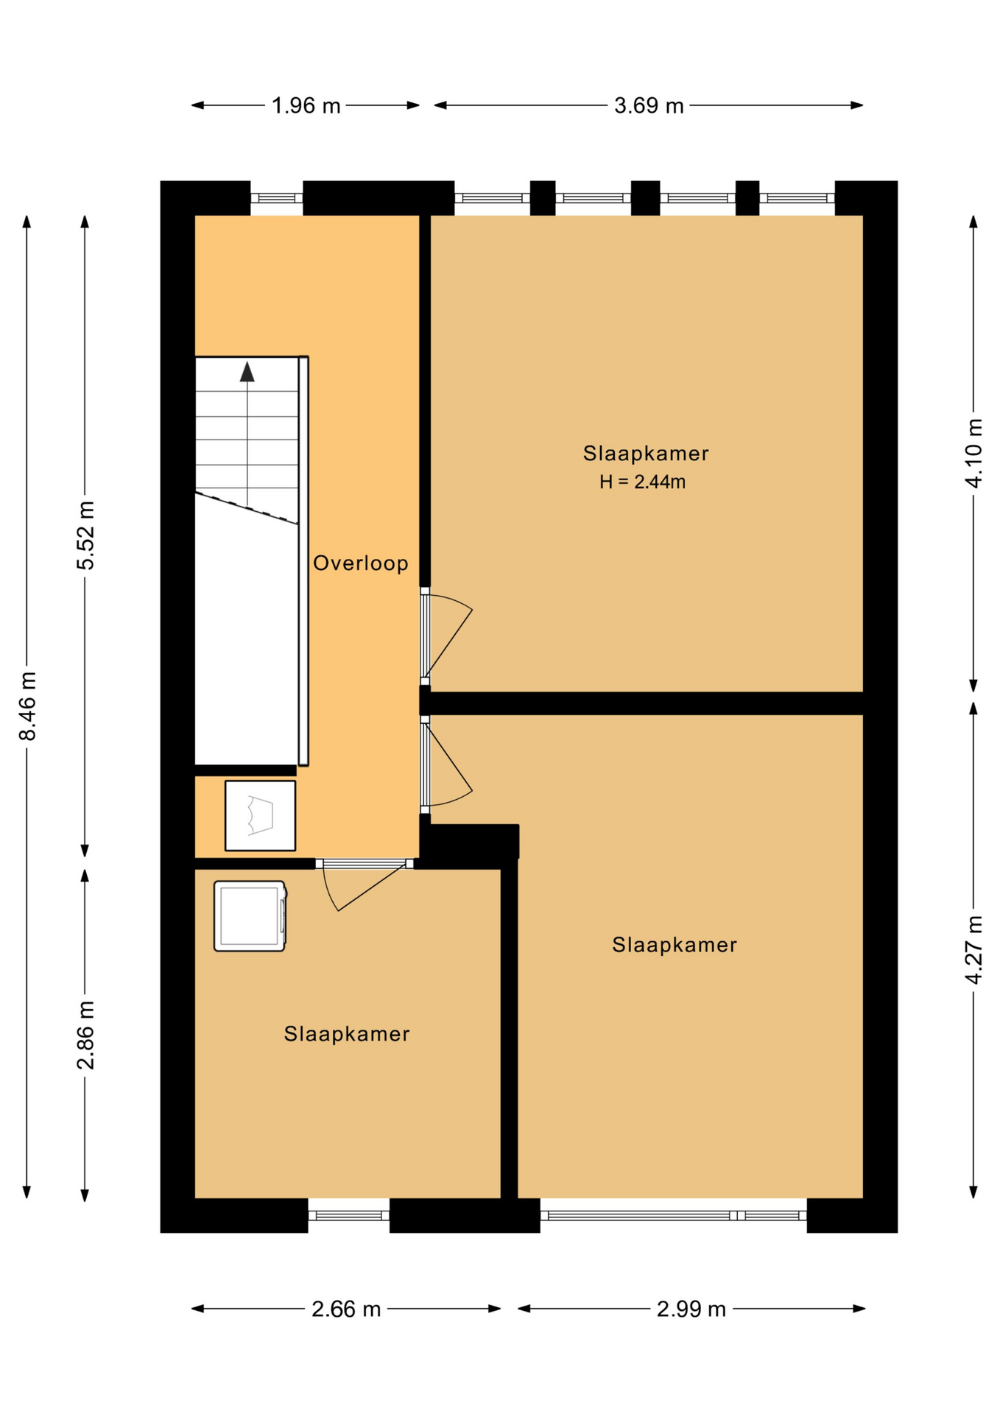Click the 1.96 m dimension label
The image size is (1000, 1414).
click(306, 106)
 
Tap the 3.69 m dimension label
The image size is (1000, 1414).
click(649, 106)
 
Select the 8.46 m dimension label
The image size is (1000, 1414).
click(27, 706)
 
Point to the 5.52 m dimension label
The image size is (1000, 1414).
click(86, 535)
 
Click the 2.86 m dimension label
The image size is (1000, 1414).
click(86, 1035)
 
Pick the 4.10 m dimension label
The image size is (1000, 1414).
click(974, 453)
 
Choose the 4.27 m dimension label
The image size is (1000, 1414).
click(974, 949)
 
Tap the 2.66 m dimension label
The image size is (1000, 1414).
click(346, 1309)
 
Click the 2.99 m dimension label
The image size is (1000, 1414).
click(691, 1309)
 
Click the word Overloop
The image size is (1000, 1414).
click(361, 563)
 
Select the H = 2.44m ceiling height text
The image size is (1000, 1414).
click(642, 482)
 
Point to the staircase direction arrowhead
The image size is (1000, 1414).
click(247, 372)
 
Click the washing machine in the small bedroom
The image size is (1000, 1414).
click(250, 916)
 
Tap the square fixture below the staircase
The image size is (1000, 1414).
click(260, 815)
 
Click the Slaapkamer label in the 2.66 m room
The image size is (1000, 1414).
click(347, 1034)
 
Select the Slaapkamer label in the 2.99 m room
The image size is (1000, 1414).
click(675, 945)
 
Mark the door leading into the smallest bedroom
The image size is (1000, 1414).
click(365, 884)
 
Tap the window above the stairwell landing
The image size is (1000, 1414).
click(277, 198)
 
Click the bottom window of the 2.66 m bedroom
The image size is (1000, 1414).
click(348, 1215)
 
